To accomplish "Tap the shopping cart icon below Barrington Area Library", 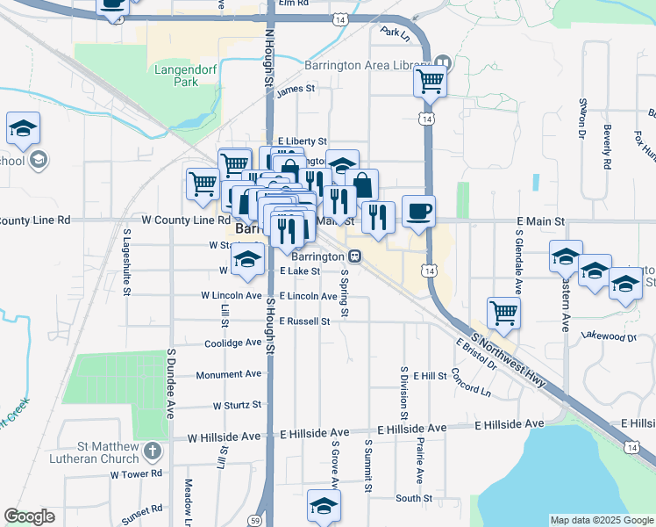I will pyautogui.click(x=430, y=81).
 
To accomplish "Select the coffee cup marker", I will pyautogui.click(x=418, y=213).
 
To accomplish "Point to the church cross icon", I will pyautogui.click(x=153, y=452).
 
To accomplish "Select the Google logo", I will pyautogui.click(x=29, y=516).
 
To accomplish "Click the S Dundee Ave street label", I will pyautogui.click(x=169, y=384).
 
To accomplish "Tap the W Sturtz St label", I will pyautogui.click(x=237, y=406).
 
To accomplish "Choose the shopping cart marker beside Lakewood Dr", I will pyautogui.click(x=503, y=313).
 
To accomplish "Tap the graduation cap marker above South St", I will pyautogui.click(x=324, y=506).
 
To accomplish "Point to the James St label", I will pyautogui.click(x=295, y=90).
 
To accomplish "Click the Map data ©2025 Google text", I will pyautogui.click(x=601, y=520).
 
